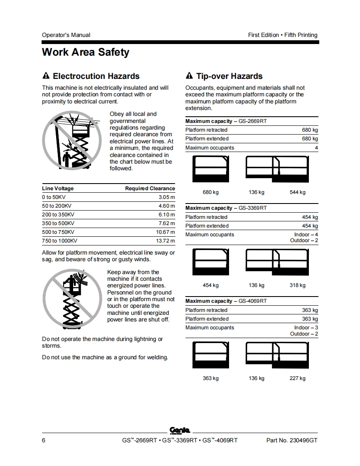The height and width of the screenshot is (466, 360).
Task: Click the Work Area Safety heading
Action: (85, 52)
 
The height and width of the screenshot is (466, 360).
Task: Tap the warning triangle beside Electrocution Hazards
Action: (46, 76)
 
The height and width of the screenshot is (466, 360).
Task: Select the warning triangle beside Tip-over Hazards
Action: (189, 76)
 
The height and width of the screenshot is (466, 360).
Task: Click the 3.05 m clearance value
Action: (167, 197)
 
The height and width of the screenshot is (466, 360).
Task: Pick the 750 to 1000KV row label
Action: (59, 241)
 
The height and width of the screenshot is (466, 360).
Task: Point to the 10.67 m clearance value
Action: (165, 232)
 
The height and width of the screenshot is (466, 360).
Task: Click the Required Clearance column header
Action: (150, 189)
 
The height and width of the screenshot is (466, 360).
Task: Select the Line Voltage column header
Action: (58, 189)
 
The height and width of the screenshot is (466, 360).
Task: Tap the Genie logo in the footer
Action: (180, 430)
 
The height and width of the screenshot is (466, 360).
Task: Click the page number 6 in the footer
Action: (44, 440)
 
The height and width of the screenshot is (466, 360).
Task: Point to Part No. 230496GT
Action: (291, 440)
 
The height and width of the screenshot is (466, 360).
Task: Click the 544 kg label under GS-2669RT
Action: (297, 192)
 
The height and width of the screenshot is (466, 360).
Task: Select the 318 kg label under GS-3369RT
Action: (297, 285)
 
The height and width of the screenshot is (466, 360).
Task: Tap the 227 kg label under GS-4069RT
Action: (297, 378)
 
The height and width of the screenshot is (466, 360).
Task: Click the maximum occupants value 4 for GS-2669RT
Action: (316, 148)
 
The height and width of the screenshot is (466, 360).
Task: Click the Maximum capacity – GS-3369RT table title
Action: (226, 208)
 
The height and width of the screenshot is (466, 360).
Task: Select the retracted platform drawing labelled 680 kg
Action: (210, 169)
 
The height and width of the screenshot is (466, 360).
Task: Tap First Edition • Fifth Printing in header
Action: (283, 35)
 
